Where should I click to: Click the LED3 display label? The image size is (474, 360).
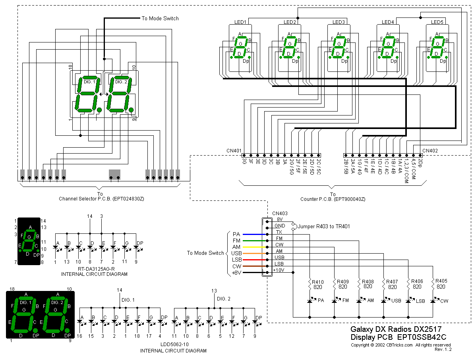339,22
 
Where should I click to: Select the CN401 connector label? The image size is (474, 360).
234,150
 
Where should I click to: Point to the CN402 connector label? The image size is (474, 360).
430,150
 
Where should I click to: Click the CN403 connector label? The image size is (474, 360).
280,213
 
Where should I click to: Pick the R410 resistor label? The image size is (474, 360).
318,282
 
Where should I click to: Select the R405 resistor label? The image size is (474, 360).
441,281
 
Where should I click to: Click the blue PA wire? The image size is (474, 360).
254,234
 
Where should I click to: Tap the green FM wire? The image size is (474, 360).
254,241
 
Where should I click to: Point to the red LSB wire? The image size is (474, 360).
254,260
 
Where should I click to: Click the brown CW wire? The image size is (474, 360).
254,266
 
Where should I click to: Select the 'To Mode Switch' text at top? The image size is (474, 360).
160,18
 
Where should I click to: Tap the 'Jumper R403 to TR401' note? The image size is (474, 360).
323,226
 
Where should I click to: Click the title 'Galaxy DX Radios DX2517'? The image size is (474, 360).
396,329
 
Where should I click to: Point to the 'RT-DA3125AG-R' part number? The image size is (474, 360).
94,269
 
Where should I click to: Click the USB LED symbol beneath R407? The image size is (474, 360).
384,301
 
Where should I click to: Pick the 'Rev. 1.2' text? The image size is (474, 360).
443,350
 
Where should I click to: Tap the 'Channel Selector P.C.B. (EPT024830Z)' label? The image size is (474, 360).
101,198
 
